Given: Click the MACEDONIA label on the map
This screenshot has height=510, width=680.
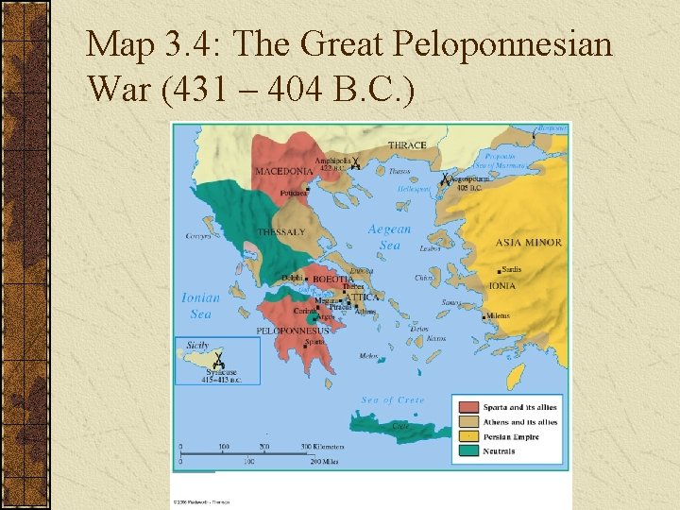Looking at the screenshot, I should click(283, 171).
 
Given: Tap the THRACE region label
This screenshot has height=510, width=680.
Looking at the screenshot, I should click(406, 145).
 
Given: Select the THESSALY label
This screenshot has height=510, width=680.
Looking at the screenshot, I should click(281, 232).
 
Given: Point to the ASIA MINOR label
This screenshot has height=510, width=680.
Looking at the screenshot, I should click(528, 243).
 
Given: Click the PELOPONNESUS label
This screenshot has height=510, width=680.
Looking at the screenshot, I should click(293, 331).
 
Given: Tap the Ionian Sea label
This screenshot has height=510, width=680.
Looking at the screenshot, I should click(200, 306).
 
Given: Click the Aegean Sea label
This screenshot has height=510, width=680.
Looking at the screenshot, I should click(389, 237).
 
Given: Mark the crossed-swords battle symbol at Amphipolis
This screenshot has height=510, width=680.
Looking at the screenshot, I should click(355, 162).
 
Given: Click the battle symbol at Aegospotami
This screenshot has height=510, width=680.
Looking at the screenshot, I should click(445, 178).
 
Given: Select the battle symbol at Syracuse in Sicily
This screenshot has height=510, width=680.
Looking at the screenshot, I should click(218, 360).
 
